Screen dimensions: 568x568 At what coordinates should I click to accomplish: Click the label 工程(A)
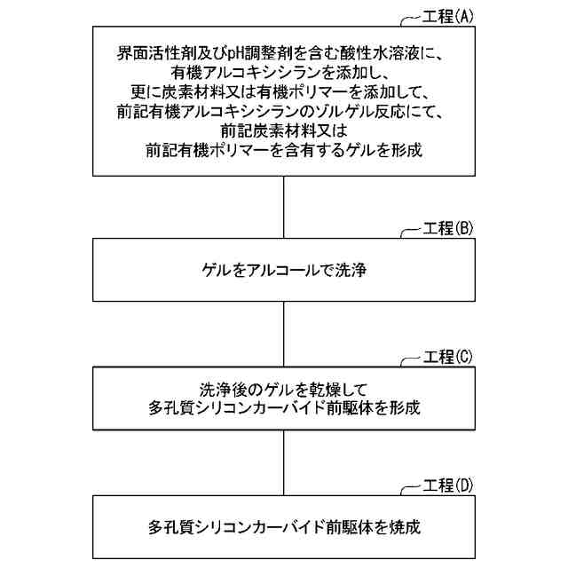(450, 18)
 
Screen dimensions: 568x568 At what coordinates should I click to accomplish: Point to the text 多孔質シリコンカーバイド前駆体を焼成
(283, 527)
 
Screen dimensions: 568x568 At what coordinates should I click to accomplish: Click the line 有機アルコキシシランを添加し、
(283, 73)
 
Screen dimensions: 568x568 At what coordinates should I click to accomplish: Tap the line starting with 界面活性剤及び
(283, 53)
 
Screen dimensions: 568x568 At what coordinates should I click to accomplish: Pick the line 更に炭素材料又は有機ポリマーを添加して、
(283, 92)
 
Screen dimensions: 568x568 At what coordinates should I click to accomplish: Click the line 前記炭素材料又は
(283, 130)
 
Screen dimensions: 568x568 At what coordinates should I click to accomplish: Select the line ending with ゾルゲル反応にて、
(283, 112)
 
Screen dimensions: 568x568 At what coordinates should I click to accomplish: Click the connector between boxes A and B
(283, 209)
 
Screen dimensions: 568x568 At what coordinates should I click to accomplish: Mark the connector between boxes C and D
(283, 467)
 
